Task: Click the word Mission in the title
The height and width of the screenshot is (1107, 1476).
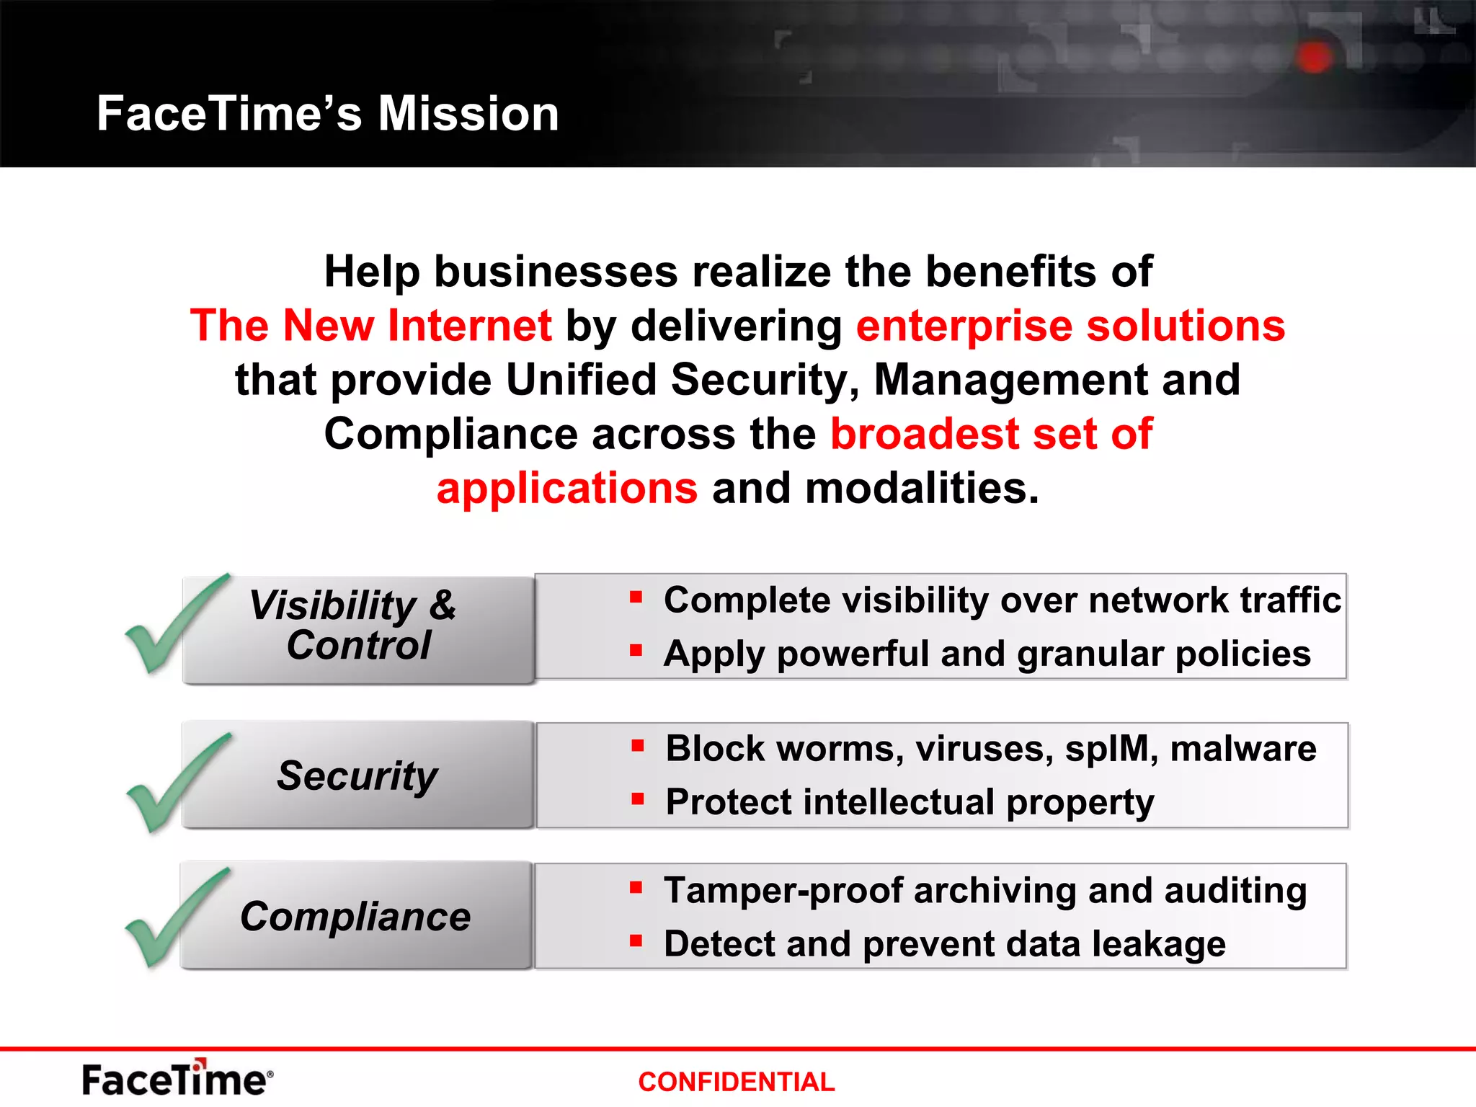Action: [468, 114]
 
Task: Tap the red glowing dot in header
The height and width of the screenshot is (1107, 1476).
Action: [1314, 57]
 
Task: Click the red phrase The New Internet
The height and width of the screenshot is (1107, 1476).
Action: [370, 326]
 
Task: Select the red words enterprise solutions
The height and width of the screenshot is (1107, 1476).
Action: [1070, 326]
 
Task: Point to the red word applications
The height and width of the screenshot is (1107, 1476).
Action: [567, 489]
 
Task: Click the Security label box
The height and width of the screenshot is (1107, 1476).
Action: [357, 775]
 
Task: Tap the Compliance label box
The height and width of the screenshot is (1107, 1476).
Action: [356, 917]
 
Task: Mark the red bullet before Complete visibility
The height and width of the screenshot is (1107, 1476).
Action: [636, 597]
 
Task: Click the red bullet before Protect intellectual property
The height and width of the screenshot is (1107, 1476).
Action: [638, 799]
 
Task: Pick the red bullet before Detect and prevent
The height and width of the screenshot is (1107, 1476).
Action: [636, 941]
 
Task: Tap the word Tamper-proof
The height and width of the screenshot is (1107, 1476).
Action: [783, 891]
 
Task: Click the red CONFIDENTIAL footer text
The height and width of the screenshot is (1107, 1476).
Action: [736, 1082]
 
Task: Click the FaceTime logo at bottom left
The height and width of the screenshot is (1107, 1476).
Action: [177, 1079]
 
